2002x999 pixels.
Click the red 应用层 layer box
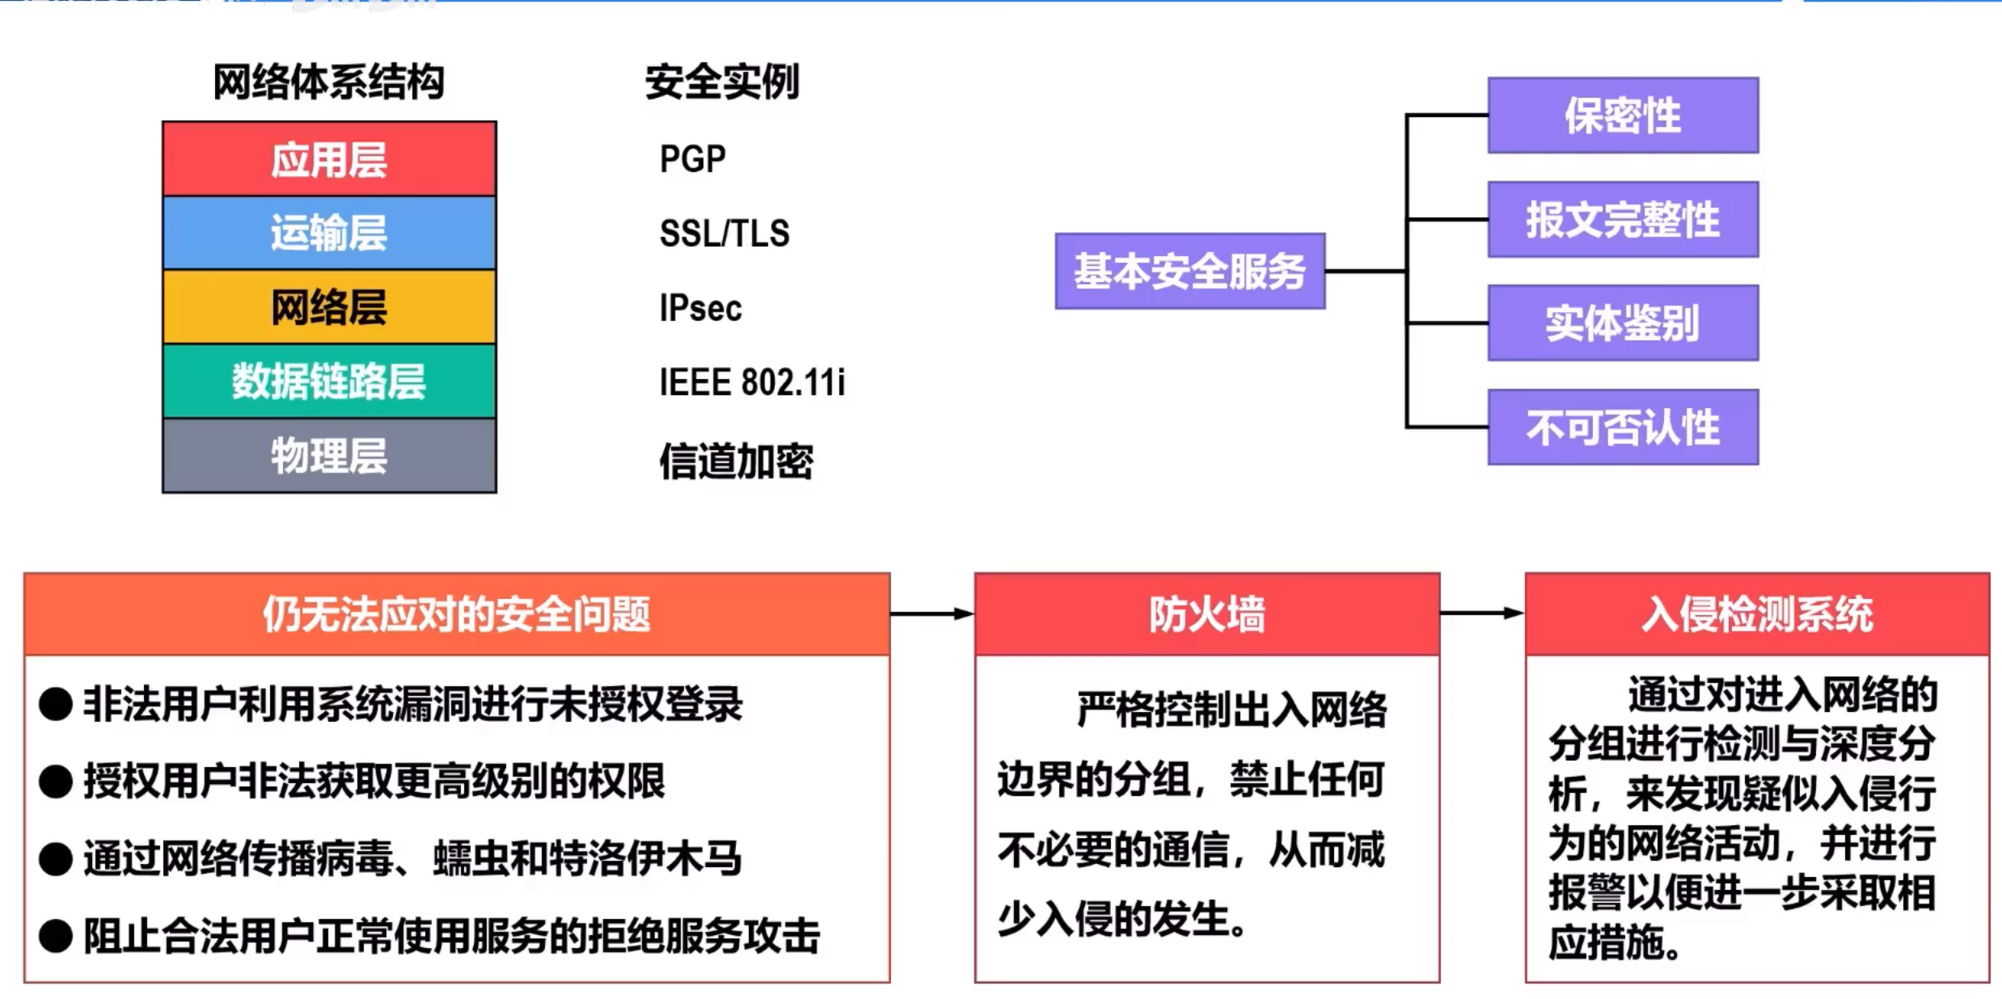tap(329, 159)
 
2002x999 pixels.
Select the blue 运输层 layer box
tap(329, 233)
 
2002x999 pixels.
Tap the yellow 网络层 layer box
tap(329, 307)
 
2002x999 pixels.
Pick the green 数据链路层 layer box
tap(329, 381)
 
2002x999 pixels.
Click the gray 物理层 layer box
tap(329, 456)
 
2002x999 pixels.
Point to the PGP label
tap(692, 159)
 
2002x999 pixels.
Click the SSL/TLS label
tap(724, 234)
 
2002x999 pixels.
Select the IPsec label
tap(700, 308)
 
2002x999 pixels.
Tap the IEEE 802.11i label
tap(752, 382)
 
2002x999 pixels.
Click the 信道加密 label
tap(736, 462)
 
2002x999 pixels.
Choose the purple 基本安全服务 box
tap(1189, 272)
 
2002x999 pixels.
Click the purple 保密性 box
tap(1623, 116)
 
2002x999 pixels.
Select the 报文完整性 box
tap(1623, 220)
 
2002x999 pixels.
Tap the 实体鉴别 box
tap(1623, 323)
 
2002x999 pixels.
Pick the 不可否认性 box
tap(1623, 428)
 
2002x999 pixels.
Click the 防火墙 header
tap(1206, 614)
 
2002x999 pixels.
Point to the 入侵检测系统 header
tap(1756, 614)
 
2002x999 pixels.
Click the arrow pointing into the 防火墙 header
tap(931, 614)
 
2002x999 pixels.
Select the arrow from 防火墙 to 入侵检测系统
tap(1482, 613)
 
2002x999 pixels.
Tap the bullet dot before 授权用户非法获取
tap(56, 782)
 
